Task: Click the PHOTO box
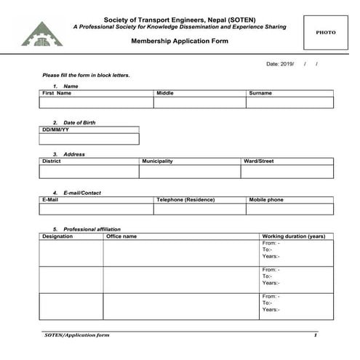click(x=325, y=32)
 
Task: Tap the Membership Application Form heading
click(x=180, y=41)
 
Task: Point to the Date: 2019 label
click(x=280, y=64)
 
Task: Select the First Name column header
click(x=57, y=93)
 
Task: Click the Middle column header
click(x=165, y=93)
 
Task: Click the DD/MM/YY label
click(x=55, y=129)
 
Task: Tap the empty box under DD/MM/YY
click(x=89, y=139)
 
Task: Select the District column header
click(x=52, y=161)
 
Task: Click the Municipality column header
click(x=157, y=161)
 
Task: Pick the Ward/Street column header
click(x=259, y=161)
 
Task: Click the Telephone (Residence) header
click(x=185, y=199)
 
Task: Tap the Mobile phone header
click(x=266, y=199)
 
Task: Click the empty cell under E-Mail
click(x=96, y=209)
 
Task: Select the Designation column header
click(x=57, y=236)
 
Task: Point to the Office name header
click(x=121, y=236)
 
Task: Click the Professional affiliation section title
click(x=87, y=229)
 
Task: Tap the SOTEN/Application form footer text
click(x=77, y=335)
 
